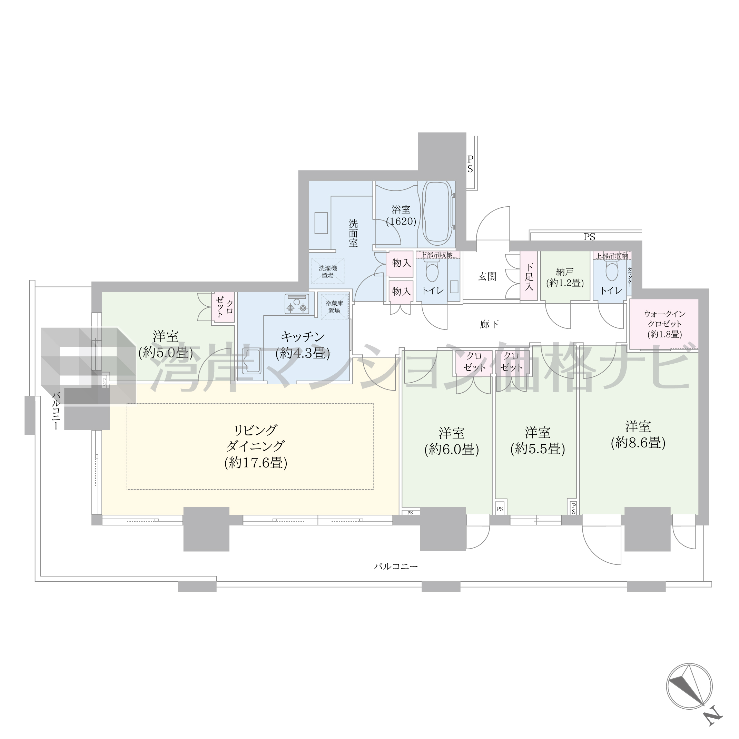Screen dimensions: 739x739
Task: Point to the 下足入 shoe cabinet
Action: pyautogui.click(x=529, y=276)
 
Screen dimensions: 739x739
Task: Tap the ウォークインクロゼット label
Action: pyautogui.click(x=664, y=324)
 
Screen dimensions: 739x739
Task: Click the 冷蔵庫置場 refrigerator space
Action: pyautogui.click(x=334, y=307)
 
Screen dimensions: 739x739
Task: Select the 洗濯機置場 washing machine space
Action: pyautogui.click(x=327, y=272)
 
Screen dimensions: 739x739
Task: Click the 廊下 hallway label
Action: pyautogui.click(x=490, y=324)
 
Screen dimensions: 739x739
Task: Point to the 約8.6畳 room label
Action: pyautogui.click(x=638, y=434)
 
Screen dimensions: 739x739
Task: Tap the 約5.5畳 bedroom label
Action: pyautogui.click(x=538, y=441)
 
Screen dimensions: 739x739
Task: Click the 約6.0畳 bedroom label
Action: pyautogui.click(x=451, y=441)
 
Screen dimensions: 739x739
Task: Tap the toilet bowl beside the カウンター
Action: pyautogui.click(x=612, y=272)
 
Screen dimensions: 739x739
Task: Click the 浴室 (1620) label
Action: pyautogui.click(x=401, y=215)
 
